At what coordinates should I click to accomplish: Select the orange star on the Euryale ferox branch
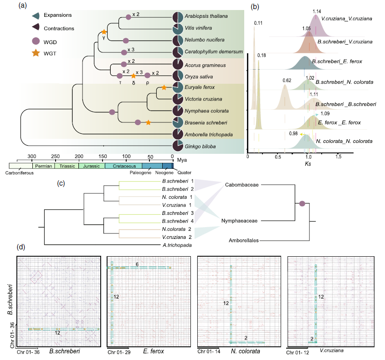(163, 87)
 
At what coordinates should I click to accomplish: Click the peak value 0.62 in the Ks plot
(287, 81)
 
